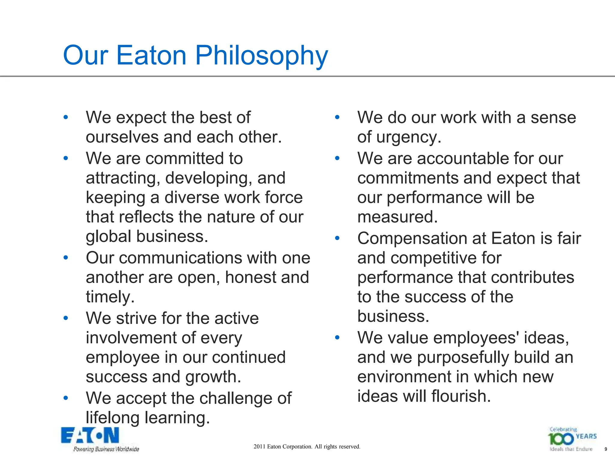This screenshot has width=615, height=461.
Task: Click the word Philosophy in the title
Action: click(x=262, y=56)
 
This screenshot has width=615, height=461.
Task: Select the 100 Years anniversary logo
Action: click(x=572, y=439)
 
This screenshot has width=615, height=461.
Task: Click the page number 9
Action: click(x=606, y=449)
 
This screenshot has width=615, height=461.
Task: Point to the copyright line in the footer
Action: click(x=307, y=447)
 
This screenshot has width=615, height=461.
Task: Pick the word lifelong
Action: click(x=113, y=417)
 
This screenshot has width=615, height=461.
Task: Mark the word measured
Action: click(x=397, y=217)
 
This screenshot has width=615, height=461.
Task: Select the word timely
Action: click(x=110, y=297)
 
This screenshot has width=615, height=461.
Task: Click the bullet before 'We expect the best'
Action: click(x=66, y=117)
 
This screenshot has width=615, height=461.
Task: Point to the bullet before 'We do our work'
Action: click(x=337, y=117)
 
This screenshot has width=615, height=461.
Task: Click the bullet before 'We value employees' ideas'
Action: click(x=337, y=338)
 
